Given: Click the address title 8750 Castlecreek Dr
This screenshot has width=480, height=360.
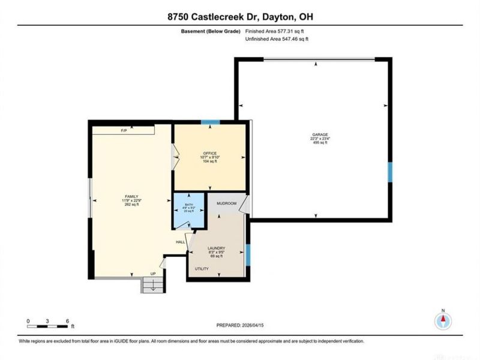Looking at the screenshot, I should coord(240,18).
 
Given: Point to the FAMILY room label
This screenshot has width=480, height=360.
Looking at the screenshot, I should coord(131,196).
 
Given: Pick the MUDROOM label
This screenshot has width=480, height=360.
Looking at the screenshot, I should coord(227,204).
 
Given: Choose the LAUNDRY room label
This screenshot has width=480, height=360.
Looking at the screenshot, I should coord(215,248).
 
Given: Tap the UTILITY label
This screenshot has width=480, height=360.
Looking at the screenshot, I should coord(202,269).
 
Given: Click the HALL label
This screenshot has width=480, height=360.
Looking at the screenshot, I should coord(180,242).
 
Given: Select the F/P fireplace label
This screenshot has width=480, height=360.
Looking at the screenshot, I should coord(124,130).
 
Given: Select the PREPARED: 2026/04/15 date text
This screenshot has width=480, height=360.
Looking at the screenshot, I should coord(240,325).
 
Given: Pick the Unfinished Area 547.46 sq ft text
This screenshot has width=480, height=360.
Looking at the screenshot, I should coord(279,39).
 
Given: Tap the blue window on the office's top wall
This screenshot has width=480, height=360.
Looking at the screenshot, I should coord(210,122).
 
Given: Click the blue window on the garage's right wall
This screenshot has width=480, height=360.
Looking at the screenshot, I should coord(389,172).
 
